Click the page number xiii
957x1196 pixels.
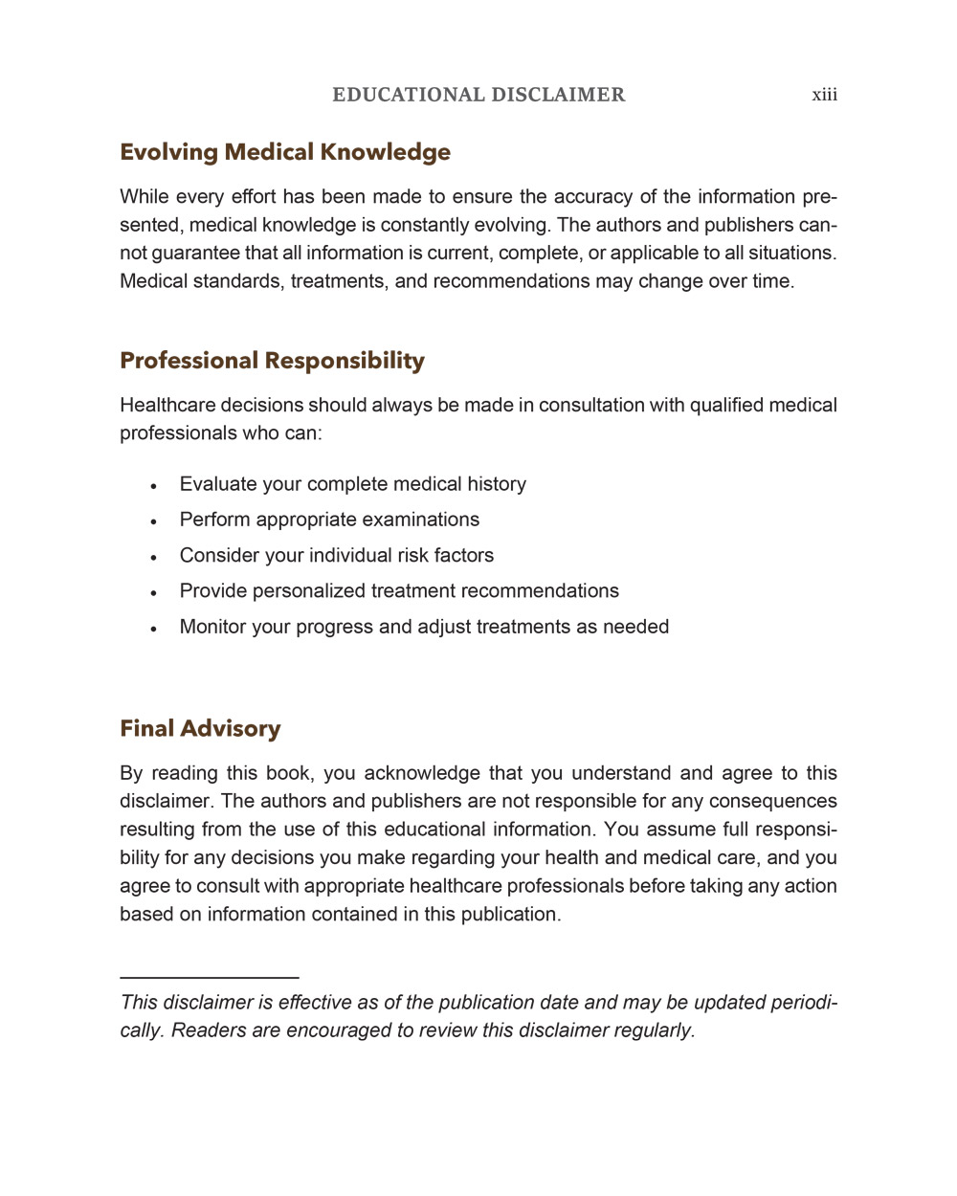click(x=824, y=95)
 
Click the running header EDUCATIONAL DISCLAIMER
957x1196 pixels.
click(x=478, y=95)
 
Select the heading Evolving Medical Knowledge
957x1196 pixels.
click(x=285, y=152)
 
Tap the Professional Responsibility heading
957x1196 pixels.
click(x=272, y=361)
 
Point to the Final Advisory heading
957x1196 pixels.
click(x=200, y=729)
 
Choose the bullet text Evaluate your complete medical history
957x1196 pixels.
click(x=352, y=484)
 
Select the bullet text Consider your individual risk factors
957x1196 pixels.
click(x=336, y=556)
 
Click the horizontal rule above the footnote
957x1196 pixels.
click(x=209, y=977)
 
